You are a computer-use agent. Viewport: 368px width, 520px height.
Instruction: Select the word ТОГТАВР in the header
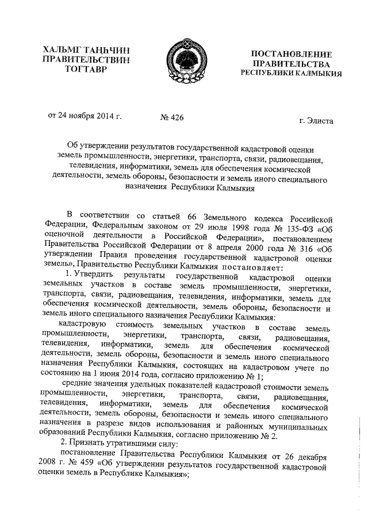82,70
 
